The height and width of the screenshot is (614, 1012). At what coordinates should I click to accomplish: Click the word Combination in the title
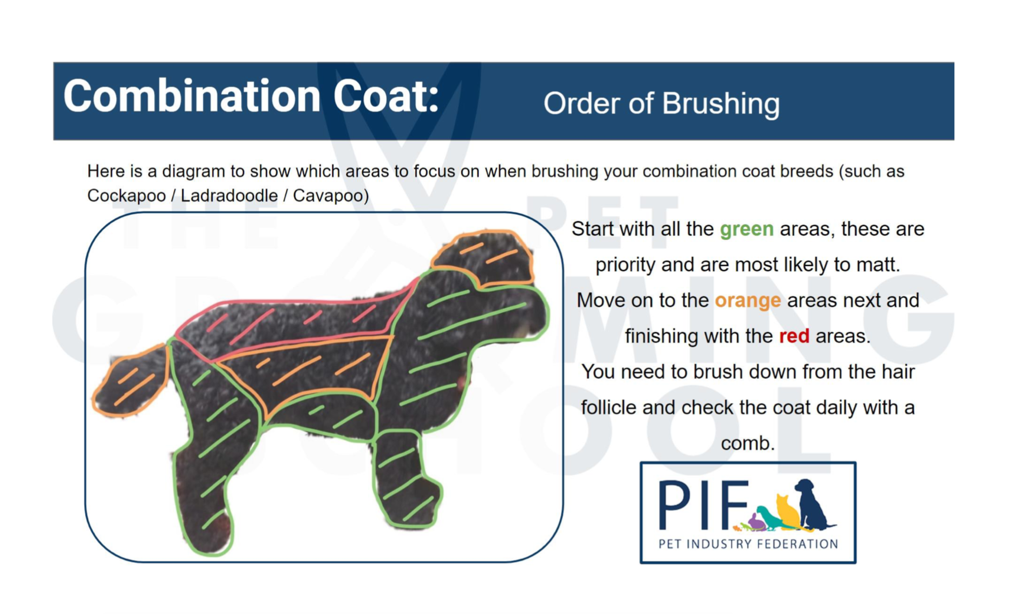point(192,96)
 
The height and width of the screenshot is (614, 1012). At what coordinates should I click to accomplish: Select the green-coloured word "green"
point(747,229)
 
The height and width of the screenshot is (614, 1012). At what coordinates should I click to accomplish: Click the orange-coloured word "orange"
point(748,300)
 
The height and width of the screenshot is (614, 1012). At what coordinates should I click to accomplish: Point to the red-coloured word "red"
point(794,336)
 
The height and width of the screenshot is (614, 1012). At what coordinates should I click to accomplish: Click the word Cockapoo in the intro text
point(126,196)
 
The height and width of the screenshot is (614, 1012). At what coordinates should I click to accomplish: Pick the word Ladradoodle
point(229,196)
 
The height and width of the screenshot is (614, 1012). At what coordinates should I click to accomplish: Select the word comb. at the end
point(748,443)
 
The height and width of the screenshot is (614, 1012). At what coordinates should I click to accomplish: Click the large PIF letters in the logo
point(703,505)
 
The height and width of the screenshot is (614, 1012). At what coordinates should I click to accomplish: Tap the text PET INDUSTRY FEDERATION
point(748,544)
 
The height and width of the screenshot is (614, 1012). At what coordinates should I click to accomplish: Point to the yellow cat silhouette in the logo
point(788,512)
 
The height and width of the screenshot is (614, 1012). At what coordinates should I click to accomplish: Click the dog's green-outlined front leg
point(405,479)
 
